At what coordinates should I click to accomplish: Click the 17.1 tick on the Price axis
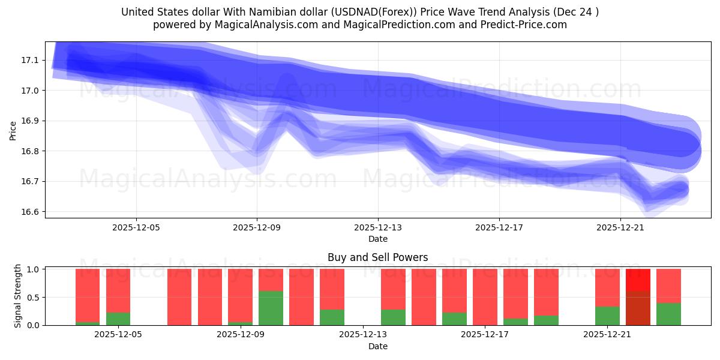[x=30, y=60]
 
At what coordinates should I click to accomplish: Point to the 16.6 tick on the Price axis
[x=30, y=212]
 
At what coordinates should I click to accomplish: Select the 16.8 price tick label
[x=30, y=151]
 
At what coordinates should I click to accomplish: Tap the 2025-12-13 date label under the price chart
[x=378, y=228]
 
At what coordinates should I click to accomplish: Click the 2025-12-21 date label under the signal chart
[x=608, y=335]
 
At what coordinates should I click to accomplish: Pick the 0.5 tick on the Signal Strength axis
[x=33, y=298]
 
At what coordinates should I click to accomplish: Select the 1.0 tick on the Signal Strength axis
[x=33, y=269]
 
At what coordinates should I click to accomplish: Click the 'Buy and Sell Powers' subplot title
[x=377, y=257]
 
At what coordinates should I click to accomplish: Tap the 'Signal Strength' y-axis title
[x=18, y=296]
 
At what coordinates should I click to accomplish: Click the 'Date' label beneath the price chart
[x=377, y=239]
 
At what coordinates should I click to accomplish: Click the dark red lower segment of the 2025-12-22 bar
[x=638, y=308]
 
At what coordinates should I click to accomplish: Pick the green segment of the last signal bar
[x=668, y=314]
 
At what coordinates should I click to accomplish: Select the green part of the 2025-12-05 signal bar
[x=118, y=319]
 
